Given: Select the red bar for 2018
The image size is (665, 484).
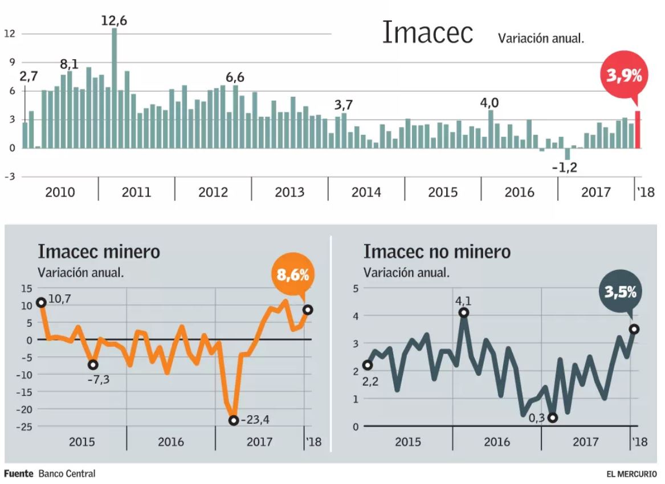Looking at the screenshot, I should click(x=638, y=129).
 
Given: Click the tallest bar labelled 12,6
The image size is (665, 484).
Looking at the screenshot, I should click(x=114, y=88).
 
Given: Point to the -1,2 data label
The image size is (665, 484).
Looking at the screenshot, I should click(x=565, y=167).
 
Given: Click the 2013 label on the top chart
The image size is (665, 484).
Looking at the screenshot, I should click(x=289, y=192).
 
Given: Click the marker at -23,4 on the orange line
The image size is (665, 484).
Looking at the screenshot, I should click(x=233, y=420).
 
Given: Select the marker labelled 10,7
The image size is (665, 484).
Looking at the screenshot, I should click(x=41, y=302).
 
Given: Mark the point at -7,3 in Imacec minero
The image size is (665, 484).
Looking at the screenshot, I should click(x=93, y=364).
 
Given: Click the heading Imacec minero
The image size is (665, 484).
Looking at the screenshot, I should click(x=99, y=251).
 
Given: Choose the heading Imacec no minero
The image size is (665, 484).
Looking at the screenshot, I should click(x=437, y=251).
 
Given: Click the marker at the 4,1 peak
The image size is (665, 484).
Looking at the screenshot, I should click(x=464, y=312).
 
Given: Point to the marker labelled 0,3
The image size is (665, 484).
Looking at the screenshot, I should click(x=552, y=417).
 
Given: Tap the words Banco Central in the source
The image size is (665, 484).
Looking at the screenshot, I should click(x=67, y=474).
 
